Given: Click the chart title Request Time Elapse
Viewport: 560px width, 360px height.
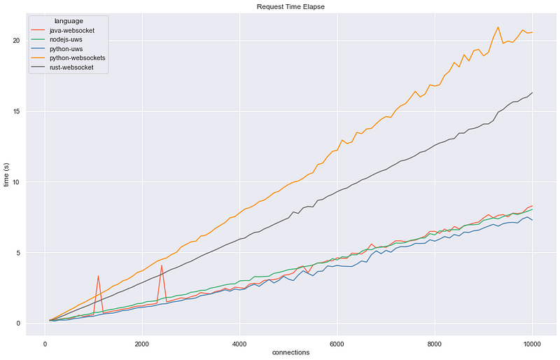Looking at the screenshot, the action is [x=290, y=7].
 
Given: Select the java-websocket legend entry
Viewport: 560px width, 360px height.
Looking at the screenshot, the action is [x=72, y=31].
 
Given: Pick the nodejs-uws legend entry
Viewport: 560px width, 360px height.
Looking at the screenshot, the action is [x=66, y=40].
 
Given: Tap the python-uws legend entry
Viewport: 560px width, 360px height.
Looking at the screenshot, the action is [x=66, y=49].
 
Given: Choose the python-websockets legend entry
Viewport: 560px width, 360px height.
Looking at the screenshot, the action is [x=78, y=58].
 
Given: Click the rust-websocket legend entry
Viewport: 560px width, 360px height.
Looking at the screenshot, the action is [x=71, y=67].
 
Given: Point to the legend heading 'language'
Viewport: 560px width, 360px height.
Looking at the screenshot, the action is [x=69, y=21].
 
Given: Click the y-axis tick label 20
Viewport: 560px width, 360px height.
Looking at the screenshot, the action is [x=15, y=41].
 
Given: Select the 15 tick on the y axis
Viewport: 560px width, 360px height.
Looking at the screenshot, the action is [x=15, y=111].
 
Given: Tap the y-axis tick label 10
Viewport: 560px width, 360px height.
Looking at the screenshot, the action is [x=15, y=182].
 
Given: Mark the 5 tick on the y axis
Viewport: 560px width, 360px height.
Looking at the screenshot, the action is [x=17, y=253].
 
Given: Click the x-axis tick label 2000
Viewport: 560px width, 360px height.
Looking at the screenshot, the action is [x=142, y=345].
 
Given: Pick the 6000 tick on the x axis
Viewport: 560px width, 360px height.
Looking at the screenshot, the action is [x=337, y=345].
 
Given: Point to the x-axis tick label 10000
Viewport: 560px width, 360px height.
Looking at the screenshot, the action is [x=532, y=345].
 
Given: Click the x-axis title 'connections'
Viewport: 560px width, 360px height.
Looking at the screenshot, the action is [x=290, y=352].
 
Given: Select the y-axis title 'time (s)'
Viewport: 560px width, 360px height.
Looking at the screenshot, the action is [x=6, y=174].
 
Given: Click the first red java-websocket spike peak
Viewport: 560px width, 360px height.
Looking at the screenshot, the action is [x=98, y=276].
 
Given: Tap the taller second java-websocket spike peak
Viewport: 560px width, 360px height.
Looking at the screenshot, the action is [x=162, y=265].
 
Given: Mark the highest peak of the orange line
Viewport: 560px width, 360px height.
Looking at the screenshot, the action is [x=498, y=27].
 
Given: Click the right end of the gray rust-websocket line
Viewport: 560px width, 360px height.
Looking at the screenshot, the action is [x=533, y=92].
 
